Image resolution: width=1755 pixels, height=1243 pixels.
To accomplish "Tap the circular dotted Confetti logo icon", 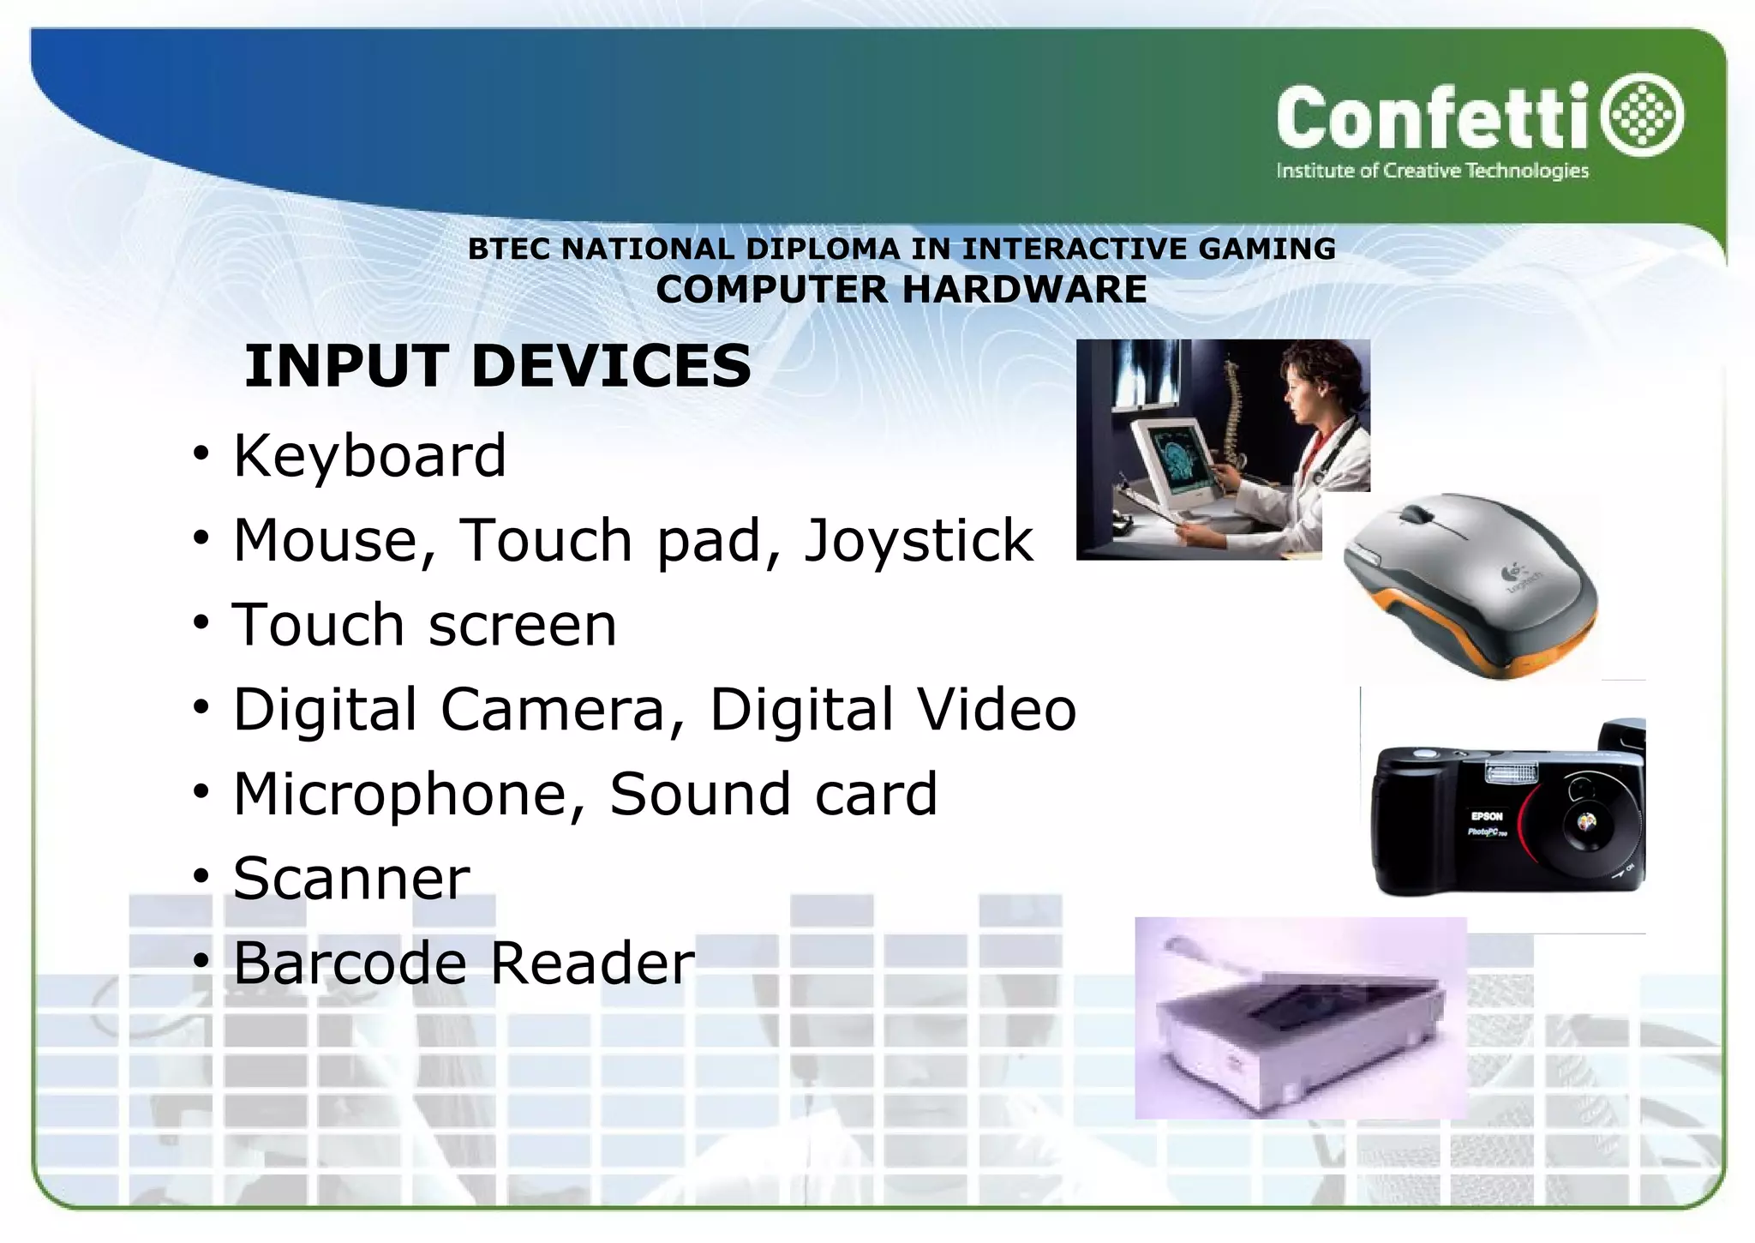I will click(x=1644, y=115).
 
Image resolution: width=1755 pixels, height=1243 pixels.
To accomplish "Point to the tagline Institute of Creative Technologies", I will click(x=1432, y=171).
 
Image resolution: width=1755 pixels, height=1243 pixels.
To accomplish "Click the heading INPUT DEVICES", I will click(x=498, y=366).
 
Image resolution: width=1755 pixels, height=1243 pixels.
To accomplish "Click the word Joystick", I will click(x=918, y=540).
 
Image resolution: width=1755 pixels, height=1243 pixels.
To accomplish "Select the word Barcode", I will click(x=350, y=963).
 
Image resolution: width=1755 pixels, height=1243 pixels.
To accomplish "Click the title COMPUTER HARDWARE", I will click(x=901, y=290).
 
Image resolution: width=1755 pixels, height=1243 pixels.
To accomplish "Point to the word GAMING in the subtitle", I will click(x=1267, y=249).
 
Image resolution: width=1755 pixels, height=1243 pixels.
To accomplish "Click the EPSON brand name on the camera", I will click(x=1487, y=816).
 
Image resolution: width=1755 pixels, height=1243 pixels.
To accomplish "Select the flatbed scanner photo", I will click(x=1300, y=1018).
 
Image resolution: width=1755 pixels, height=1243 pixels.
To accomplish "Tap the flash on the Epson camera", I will click(x=1511, y=774).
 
